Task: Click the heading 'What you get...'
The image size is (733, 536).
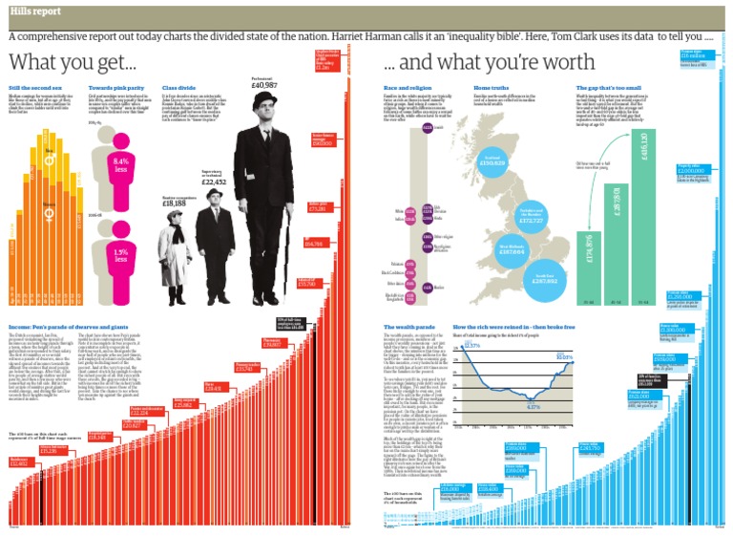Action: [73, 65]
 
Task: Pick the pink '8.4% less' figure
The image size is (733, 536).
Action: [120, 165]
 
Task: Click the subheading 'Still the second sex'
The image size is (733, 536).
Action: [34, 88]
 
